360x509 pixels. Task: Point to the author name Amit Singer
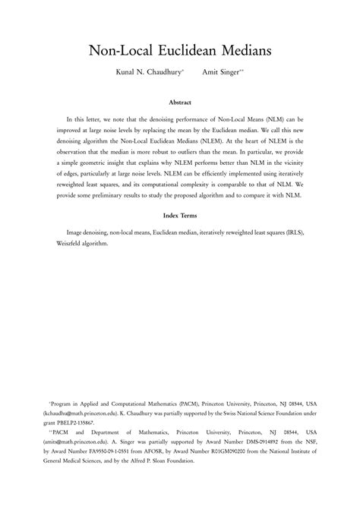[x=219, y=74]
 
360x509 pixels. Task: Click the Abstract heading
[x=180, y=102]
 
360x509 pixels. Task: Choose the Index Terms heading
[x=180, y=216]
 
